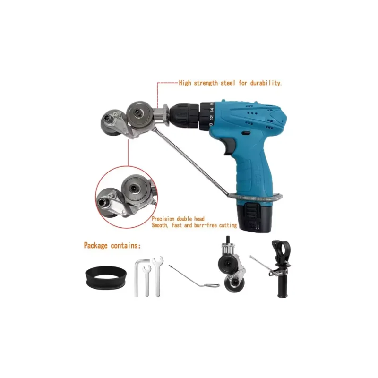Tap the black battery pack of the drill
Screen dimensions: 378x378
[x=254, y=216]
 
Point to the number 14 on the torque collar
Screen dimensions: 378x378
[x=212, y=110]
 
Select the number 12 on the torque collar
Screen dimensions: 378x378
[x=211, y=117]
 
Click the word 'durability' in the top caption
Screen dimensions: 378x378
[x=266, y=83]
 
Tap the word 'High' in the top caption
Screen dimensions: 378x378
[x=185, y=83]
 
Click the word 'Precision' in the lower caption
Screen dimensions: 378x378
[x=163, y=219]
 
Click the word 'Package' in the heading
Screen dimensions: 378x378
[x=95, y=245]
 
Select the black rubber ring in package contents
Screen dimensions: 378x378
[x=106, y=277]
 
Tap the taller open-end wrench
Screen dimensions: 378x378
[x=158, y=276]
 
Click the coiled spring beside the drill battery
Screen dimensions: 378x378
[x=256, y=197]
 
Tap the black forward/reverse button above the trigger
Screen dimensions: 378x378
[x=246, y=133]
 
